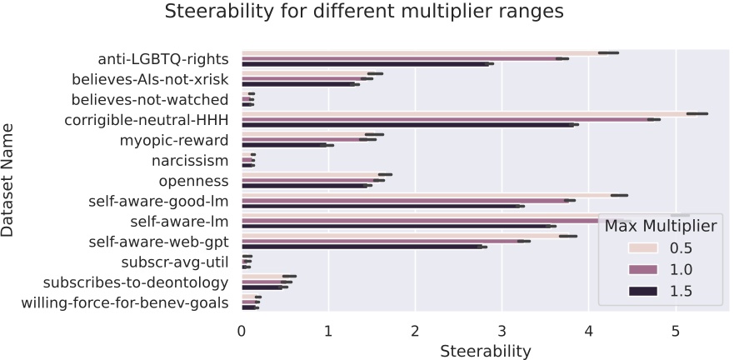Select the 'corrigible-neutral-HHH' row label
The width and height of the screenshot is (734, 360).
147,119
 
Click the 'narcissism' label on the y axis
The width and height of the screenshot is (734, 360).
190,160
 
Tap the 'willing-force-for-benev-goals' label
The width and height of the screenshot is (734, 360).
125,302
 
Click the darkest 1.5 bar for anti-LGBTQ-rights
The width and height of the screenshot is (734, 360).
367,63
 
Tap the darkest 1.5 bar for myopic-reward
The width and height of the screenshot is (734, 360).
283,144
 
